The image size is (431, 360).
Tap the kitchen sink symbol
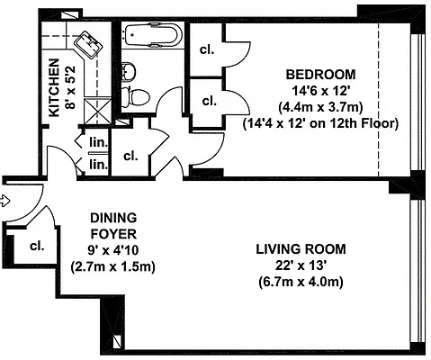point(88,42)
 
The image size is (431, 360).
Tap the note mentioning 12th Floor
point(320,122)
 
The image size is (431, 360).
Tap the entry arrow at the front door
point(6,200)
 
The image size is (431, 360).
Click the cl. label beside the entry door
point(37,245)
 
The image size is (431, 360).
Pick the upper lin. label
point(96,141)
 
